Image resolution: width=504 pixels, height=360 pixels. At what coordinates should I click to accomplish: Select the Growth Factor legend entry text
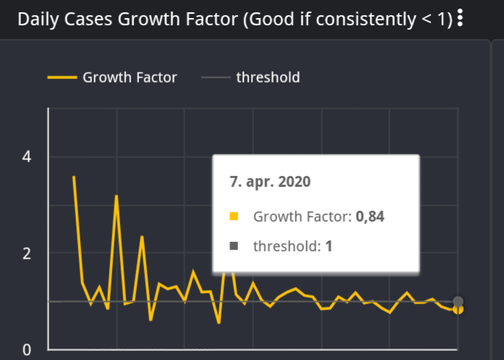pyautogui.click(x=130, y=77)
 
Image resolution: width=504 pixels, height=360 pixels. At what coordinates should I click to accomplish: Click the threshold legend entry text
pyautogui.click(x=267, y=77)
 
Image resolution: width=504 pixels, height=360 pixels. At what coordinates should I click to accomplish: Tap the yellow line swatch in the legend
pyautogui.click(x=62, y=77)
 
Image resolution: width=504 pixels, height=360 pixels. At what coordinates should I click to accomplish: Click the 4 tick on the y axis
pyautogui.click(x=27, y=156)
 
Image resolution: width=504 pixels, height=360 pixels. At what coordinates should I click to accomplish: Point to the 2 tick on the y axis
pyautogui.click(x=27, y=254)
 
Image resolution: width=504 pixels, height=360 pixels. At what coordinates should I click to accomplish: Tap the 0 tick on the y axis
pyautogui.click(x=27, y=350)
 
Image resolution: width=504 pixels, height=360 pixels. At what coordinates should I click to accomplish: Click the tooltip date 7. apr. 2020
pyautogui.click(x=270, y=182)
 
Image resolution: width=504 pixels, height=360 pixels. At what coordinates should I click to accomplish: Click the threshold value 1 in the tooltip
pyautogui.click(x=329, y=246)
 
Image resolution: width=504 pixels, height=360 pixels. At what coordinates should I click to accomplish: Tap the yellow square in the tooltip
pyautogui.click(x=234, y=216)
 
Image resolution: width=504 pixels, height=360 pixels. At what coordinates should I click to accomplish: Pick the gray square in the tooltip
pyautogui.click(x=234, y=246)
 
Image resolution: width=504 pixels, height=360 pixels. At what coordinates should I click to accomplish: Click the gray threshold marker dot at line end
pyautogui.click(x=458, y=301)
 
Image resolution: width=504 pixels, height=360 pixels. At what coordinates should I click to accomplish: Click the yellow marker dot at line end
pyautogui.click(x=458, y=310)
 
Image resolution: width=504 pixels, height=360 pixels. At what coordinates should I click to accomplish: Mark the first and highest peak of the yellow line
pyautogui.click(x=74, y=177)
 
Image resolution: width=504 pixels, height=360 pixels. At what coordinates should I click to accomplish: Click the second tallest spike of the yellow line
pyautogui.click(x=116, y=196)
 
